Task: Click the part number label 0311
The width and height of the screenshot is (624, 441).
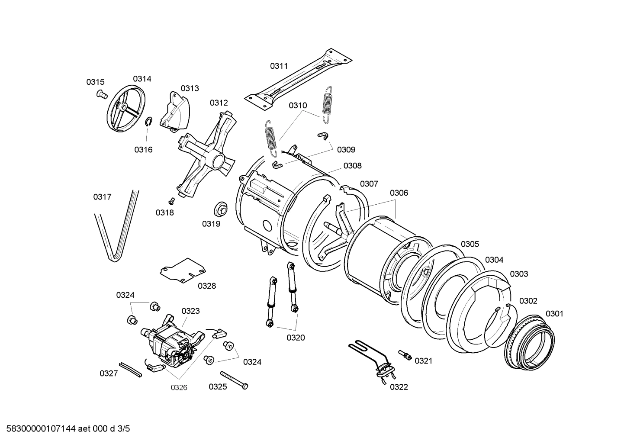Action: [279, 66]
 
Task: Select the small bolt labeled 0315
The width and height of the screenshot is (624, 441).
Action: [102, 94]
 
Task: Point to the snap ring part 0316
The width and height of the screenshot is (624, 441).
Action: [148, 122]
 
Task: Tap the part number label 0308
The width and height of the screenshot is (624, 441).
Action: [352, 166]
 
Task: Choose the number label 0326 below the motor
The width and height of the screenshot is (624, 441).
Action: [179, 387]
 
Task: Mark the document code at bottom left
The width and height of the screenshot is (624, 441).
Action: [65, 429]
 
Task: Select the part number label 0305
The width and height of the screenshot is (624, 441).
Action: [470, 244]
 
